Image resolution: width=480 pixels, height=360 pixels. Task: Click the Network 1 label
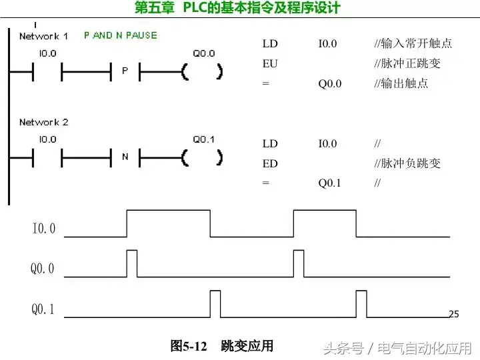point(43,36)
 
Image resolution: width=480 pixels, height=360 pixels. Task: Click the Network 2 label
point(43,123)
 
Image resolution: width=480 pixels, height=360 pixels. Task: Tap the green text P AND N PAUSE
point(121,35)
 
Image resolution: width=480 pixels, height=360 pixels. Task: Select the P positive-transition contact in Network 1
point(125,71)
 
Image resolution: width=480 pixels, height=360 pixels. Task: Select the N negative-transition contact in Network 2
point(125,157)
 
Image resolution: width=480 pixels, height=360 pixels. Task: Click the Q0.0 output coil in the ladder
point(203,71)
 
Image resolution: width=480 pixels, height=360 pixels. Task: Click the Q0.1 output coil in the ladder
point(203,157)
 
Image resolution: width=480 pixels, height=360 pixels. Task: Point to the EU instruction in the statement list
point(270,64)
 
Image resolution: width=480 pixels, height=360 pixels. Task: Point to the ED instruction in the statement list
point(270,163)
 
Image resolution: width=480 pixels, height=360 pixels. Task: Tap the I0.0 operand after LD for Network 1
point(327,44)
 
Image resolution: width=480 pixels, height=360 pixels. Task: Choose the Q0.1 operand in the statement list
point(329,183)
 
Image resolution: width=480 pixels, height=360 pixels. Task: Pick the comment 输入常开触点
point(418,44)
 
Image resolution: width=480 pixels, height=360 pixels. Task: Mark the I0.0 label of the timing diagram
point(44,229)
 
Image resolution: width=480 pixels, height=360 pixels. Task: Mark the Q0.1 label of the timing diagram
point(43,309)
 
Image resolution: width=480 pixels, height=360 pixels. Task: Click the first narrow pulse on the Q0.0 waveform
point(132,263)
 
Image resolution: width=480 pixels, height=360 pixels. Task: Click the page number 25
point(454,314)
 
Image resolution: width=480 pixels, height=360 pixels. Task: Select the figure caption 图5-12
point(189,346)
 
